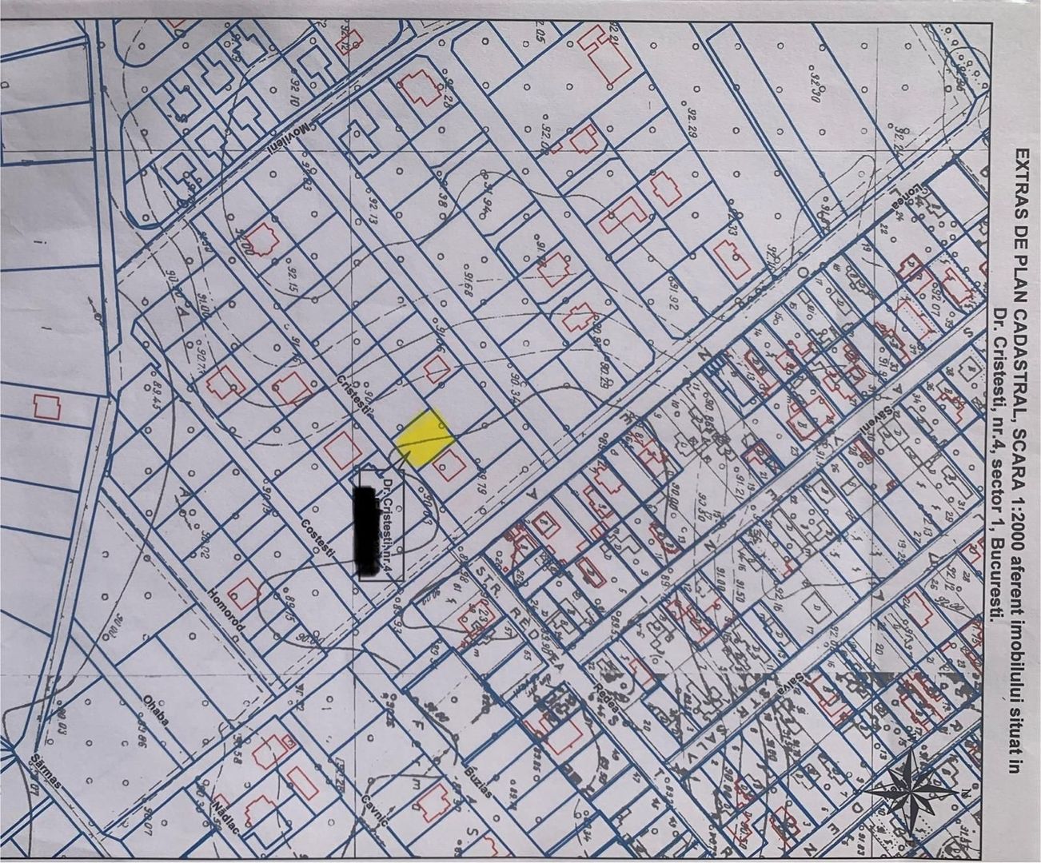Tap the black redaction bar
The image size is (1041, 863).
369,532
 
